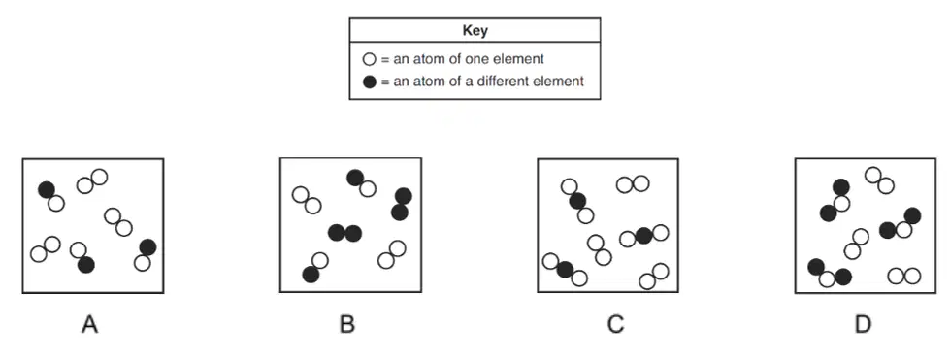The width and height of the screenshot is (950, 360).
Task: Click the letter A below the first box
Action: (89, 325)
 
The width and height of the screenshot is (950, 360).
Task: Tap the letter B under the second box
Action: (346, 325)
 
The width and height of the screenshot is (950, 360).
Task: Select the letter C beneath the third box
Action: (615, 325)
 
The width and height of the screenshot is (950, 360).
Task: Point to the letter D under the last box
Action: (863, 325)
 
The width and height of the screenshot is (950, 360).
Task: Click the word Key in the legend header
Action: (475, 30)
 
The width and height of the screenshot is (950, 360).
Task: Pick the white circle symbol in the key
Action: (369, 59)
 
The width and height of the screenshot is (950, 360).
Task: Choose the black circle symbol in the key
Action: (369, 82)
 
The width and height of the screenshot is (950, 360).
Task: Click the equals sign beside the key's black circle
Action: (384, 82)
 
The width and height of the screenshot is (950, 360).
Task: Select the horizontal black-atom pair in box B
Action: (344, 233)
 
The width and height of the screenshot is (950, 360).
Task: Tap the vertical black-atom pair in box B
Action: (401, 204)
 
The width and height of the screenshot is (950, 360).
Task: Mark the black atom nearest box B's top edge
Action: (355, 178)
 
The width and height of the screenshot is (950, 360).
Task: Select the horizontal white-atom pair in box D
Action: (904, 277)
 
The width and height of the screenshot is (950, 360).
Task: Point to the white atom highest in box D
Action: (873, 176)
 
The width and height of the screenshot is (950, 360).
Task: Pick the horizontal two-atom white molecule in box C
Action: (633, 184)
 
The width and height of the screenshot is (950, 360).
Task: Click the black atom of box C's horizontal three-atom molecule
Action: (643, 236)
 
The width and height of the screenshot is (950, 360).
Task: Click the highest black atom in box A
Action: (47, 189)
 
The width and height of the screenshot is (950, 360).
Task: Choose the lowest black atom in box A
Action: (86, 264)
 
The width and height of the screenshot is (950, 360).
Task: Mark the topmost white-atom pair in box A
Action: (92, 181)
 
